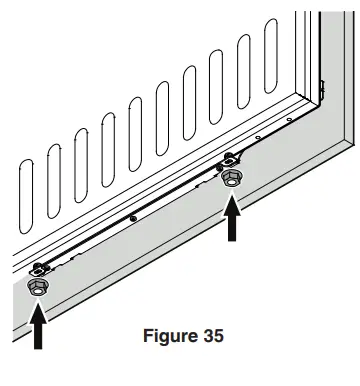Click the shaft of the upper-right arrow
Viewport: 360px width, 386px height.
233,228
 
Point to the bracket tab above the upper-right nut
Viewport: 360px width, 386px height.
231,157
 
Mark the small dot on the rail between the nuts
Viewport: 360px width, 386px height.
133,216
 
